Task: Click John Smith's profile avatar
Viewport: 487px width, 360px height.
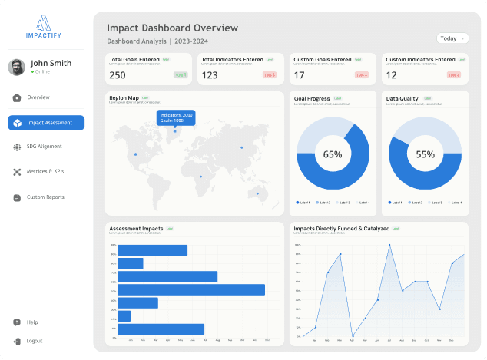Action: coord(17,67)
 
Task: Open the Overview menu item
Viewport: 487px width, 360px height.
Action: coord(38,97)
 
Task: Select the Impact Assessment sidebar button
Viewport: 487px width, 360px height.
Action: coord(46,123)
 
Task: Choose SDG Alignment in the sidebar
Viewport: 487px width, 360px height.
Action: coord(43,147)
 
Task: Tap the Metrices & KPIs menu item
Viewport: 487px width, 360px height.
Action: coord(45,171)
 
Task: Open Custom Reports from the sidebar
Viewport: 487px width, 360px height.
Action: coord(45,197)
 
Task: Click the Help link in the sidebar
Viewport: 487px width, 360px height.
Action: coord(31,322)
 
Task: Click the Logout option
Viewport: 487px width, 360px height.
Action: coord(33,341)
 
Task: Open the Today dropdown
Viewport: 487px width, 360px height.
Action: coord(451,38)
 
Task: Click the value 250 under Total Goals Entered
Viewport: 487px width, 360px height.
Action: coord(118,75)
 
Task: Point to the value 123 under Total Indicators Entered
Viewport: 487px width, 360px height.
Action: coord(210,75)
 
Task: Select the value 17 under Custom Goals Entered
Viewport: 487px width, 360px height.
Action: coord(300,75)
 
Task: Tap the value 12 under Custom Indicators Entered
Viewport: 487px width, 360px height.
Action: coord(392,75)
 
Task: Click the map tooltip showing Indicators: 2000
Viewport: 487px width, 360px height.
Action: coord(176,117)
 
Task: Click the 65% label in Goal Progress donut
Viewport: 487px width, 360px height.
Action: coord(333,154)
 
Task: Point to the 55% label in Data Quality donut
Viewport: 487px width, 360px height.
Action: coord(425,154)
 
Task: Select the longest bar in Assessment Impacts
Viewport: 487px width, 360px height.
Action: coord(192,289)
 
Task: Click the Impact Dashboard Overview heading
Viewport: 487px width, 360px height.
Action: coord(172,28)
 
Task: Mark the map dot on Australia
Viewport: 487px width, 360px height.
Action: coord(257,193)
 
